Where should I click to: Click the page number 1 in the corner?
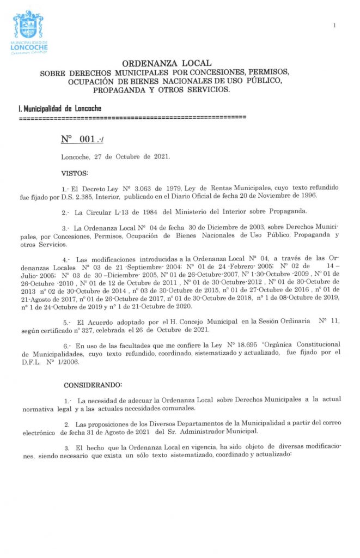[x=334, y=25]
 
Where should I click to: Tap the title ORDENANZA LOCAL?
[x=166, y=64]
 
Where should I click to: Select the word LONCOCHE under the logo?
[x=29, y=47]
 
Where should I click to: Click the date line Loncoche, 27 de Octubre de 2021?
[x=115, y=156]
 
